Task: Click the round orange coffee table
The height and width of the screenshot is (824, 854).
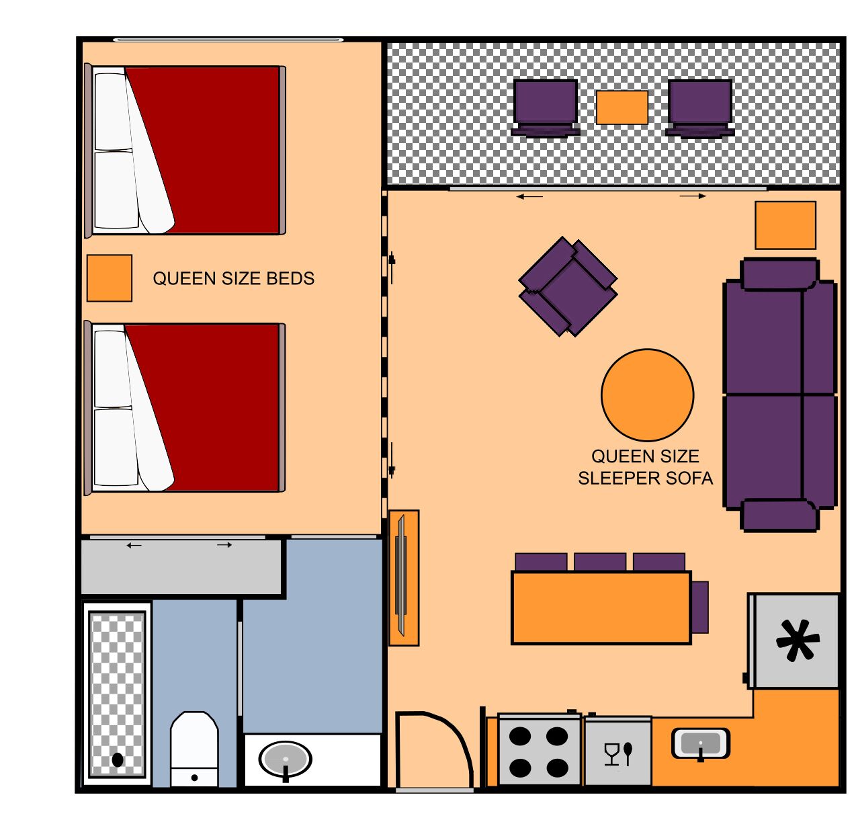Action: pos(647,395)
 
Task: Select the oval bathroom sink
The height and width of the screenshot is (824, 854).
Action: pos(286,759)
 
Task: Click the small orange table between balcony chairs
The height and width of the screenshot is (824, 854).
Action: pos(622,108)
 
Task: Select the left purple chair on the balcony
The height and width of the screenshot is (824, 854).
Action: pos(546,108)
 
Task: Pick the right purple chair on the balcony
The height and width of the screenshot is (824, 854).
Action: pos(699,108)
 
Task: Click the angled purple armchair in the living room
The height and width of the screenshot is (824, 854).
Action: pos(568,286)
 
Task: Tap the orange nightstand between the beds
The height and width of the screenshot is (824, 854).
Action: pos(109,278)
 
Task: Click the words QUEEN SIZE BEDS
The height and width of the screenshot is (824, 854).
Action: pos(233,278)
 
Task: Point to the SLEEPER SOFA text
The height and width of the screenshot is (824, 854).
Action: pos(645,478)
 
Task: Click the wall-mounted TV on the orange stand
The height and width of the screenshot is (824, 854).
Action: pos(402,577)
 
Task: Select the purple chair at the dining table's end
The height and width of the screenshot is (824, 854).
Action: pos(699,607)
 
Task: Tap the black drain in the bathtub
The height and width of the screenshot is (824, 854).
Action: pos(118,759)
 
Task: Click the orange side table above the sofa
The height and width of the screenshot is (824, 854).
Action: pos(785,225)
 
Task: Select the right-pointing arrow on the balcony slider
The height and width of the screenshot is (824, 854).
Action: pos(693,196)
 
